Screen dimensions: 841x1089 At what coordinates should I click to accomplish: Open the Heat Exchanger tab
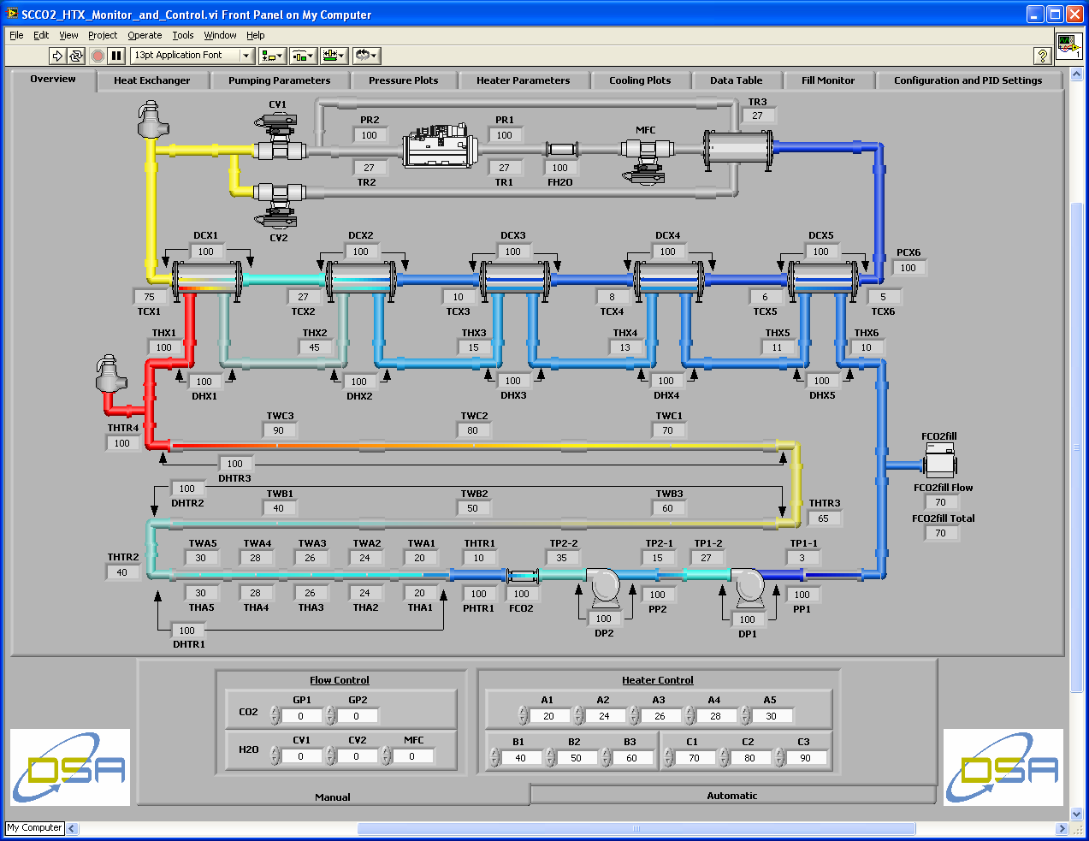[151, 80]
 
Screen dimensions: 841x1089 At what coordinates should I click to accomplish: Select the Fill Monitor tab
[827, 80]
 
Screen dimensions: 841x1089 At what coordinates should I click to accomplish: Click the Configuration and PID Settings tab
[968, 80]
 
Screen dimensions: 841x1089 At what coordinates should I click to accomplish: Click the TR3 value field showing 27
[758, 116]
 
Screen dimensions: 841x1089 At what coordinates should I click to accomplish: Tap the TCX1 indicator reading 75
[150, 297]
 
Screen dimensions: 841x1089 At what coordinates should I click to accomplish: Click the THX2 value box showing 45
[315, 347]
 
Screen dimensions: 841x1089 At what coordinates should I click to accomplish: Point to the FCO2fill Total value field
[940, 533]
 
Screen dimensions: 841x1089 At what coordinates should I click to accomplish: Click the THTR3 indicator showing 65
[823, 518]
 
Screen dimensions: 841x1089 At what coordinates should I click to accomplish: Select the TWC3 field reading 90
[279, 430]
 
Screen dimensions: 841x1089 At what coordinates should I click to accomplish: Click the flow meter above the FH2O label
[560, 150]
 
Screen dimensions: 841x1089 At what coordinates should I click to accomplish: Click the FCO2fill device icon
[939, 463]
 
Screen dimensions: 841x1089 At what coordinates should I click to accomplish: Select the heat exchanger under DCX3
[514, 279]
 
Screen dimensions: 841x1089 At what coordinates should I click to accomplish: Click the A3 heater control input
[660, 716]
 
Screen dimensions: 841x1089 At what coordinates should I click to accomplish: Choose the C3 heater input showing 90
[805, 758]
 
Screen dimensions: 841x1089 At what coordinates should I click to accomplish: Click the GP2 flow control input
[357, 716]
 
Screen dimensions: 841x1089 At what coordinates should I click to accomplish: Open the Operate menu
[145, 35]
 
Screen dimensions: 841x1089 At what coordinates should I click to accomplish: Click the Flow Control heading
[340, 680]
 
